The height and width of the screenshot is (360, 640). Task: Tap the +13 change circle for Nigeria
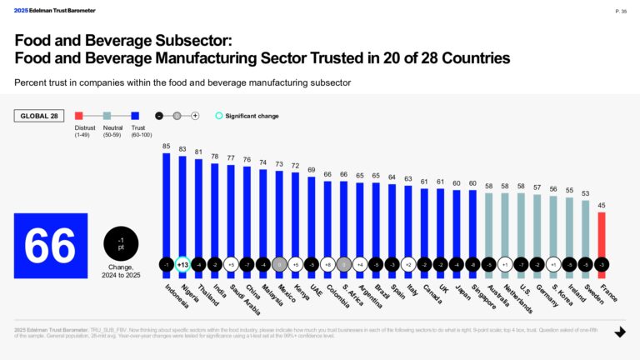pyautogui.click(x=182, y=264)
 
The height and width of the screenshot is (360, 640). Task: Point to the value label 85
pyautogui.click(x=166, y=146)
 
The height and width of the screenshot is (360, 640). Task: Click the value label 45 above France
pyautogui.click(x=602, y=205)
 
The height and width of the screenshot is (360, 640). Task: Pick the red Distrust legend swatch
pyautogui.click(x=79, y=116)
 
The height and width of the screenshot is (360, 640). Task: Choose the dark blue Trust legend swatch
pyautogui.click(x=136, y=116)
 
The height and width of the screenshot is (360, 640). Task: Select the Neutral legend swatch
pyautogui.click(x=107, y=116)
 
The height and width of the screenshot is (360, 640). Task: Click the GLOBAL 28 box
pyautogui.click(x=39, y=116)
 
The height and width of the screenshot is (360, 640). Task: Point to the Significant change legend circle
pyautogui.click(x=219, y=116)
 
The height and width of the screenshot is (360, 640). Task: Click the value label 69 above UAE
pyautogui.click(x=311, y=170)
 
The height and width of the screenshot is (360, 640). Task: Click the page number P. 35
pyautogui.click(x=621, y=12)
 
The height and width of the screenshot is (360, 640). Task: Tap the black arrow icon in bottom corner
pyautogui.click(x=620, y=332)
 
